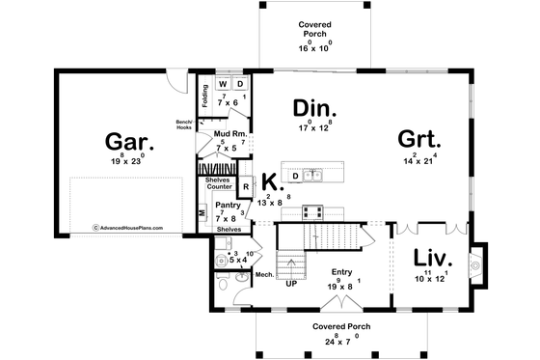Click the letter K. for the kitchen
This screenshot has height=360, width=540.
(271, 180)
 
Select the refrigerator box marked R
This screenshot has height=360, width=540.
(246, 185)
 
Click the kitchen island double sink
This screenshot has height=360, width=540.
(311, 175)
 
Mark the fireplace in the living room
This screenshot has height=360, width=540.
(473, 263)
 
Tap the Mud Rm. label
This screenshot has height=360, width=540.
(229, 135)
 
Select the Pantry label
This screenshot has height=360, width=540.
(228, 206)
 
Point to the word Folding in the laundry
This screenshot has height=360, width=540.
(205, 97)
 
